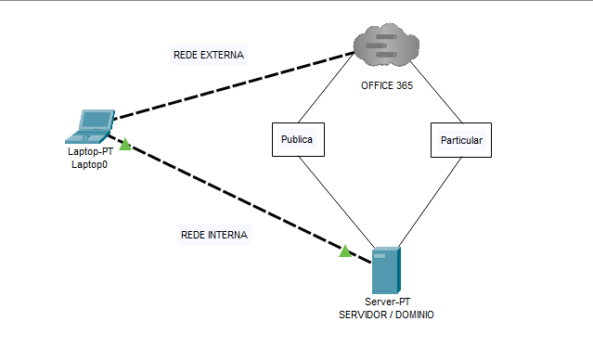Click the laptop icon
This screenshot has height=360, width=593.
(90, 127)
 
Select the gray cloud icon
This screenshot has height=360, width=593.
(386, 45)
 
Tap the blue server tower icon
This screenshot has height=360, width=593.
(386, 270)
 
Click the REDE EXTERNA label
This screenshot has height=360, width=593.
(209, 55)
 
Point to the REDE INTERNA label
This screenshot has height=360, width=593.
(214, 235)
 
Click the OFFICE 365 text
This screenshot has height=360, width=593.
(387, 85)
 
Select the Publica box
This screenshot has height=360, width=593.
(298, 139)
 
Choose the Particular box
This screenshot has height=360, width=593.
(461, 140)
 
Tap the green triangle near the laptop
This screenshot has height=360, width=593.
(125, 145)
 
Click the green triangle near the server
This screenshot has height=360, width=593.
(345, 251)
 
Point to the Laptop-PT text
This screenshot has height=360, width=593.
(90, 151)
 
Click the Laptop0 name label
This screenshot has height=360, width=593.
(90, 164)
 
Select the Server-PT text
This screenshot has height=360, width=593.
(387, 302)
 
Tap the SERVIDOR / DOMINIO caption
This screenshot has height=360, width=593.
(386, 315)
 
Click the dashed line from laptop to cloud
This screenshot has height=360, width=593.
(234, 86)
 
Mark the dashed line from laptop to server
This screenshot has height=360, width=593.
(240, 199)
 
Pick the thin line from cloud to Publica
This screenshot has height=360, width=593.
(327, 88)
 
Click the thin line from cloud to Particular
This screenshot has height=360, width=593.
(435, 92)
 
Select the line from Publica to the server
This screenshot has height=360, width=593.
(337, 202)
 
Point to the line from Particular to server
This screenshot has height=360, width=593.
(430, 202)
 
